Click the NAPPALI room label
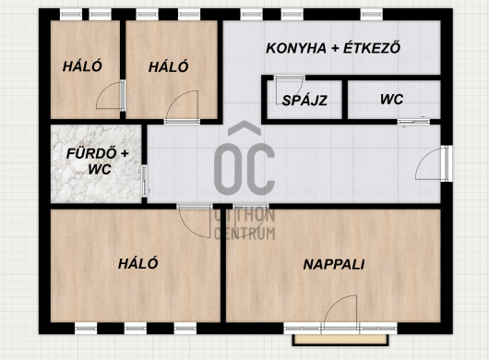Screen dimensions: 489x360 334,265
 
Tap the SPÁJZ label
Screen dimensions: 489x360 304,100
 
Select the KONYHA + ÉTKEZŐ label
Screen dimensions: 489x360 333,48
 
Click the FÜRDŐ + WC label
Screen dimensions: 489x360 98,162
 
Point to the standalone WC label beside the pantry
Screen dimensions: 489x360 392,100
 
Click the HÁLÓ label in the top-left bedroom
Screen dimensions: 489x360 82,66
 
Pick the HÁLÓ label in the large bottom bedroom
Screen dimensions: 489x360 137,264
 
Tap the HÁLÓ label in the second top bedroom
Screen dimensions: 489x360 169,66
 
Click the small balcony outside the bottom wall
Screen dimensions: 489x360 340,340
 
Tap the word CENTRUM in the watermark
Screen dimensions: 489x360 244,234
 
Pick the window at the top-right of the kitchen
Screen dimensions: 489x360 371,15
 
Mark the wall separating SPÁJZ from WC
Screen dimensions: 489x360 345,100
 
